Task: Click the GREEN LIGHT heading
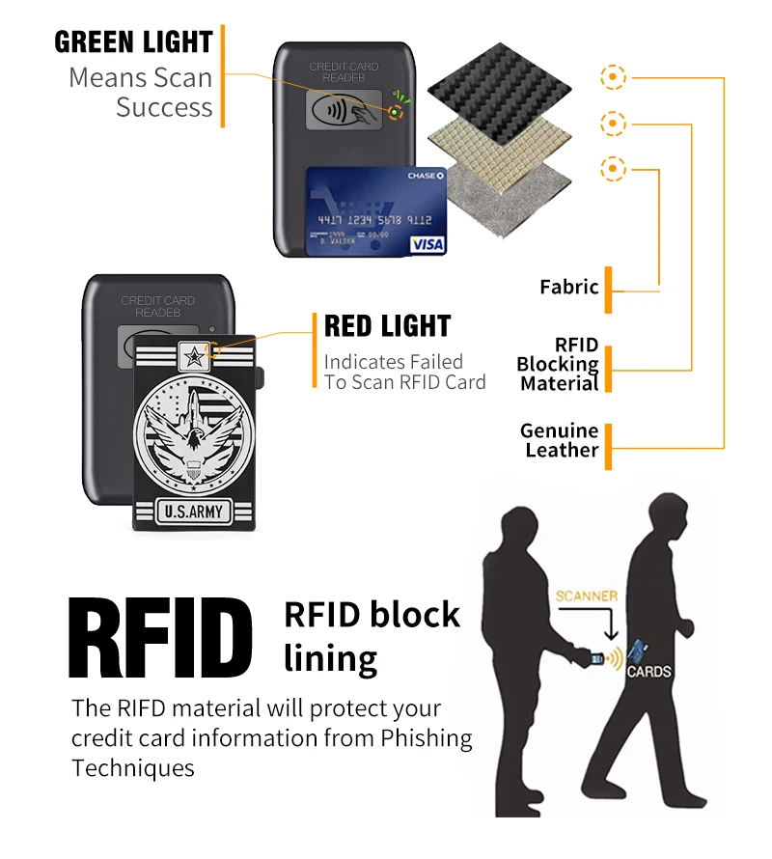(133, 42)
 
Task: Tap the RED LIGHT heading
(387, 326)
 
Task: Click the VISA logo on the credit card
(427, 244)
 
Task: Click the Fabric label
(569, 287)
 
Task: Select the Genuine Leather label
(560, 440)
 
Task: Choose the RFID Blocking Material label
(558, 364)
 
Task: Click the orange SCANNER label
(586, 596)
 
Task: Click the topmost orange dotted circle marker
(614, 76)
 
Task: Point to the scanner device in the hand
(597, 660)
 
